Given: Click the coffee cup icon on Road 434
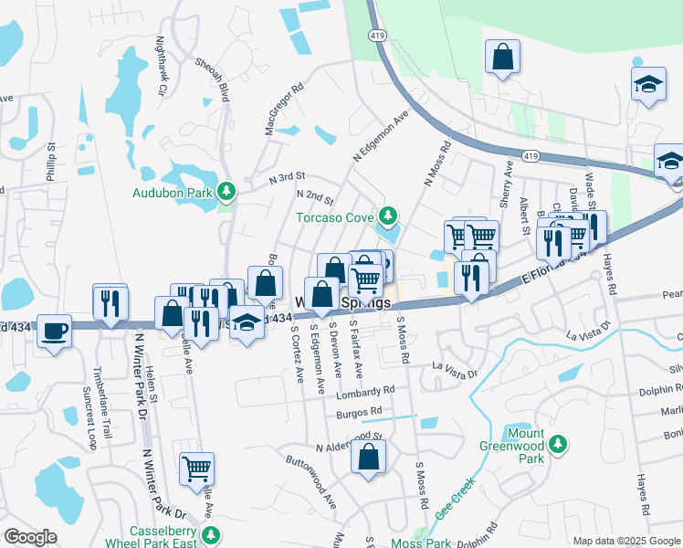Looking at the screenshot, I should coord(55,330).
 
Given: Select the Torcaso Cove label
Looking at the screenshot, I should coord(335,217).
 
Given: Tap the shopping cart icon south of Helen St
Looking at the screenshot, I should coord(196,469).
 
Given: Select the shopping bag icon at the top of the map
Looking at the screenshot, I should coord(501,58).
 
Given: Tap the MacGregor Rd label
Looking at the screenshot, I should coord(283,111).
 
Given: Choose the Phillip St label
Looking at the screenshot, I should coord(52,161).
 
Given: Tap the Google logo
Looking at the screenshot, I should coord(30,537).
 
